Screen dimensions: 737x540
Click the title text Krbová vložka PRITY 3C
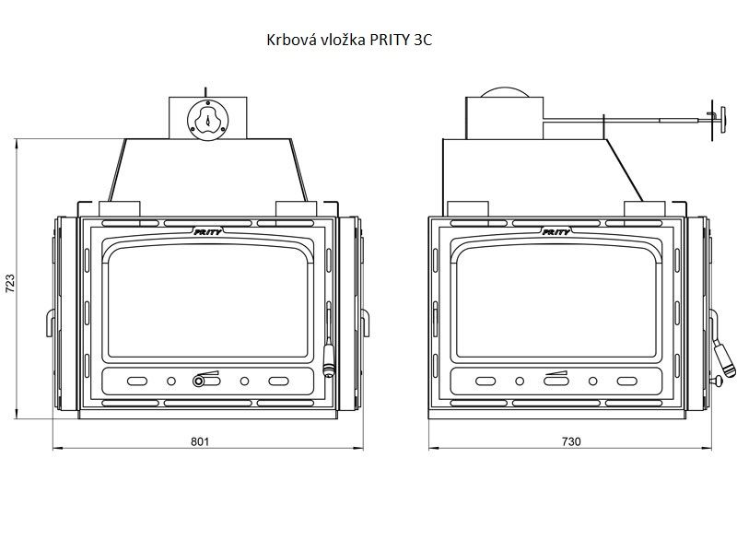click(x=349, y=40)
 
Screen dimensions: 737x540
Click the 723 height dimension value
click(x=10, y=284)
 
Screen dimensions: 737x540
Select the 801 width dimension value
click(x=200, y=441)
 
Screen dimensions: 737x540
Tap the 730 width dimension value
click(x=571, y=441)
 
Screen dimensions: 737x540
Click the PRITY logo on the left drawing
click(x=208, y=231)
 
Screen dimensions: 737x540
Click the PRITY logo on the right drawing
click(x=556, y=231)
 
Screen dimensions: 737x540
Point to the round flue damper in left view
click(x=208, y=120)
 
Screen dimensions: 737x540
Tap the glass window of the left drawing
click(x=208, y=300)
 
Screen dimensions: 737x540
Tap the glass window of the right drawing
click(x=556, y=300)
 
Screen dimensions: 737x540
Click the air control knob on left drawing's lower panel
click(x=199, y=381)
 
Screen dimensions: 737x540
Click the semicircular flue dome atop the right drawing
click(x=505, y=92)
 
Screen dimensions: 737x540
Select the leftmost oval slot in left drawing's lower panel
click(x=137, y=382)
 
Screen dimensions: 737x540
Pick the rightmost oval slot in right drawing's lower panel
click(x=627, y=382)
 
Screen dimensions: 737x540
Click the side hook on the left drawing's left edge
click(x=50, y=323)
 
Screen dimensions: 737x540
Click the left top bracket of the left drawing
click(x=120, y=208)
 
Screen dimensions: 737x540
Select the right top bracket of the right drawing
click(x=644, y=208)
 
